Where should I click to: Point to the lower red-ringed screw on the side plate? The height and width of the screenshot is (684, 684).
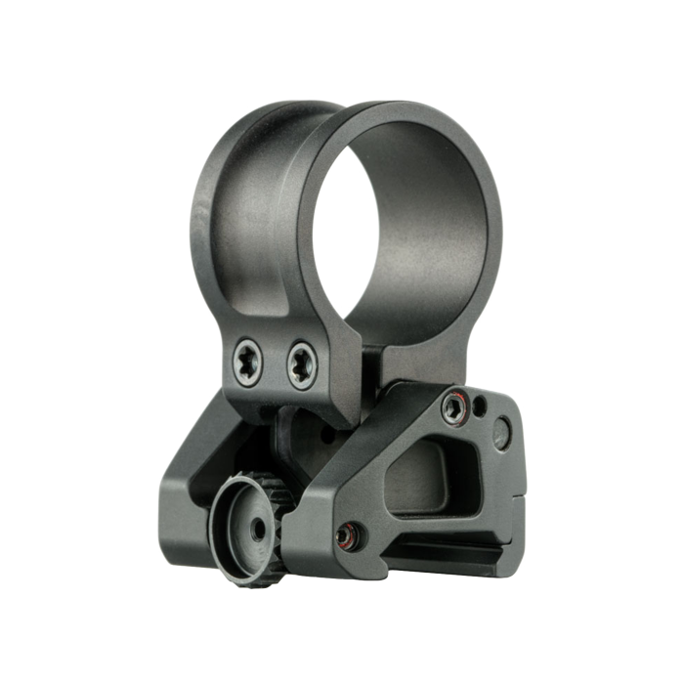[345, 535]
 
